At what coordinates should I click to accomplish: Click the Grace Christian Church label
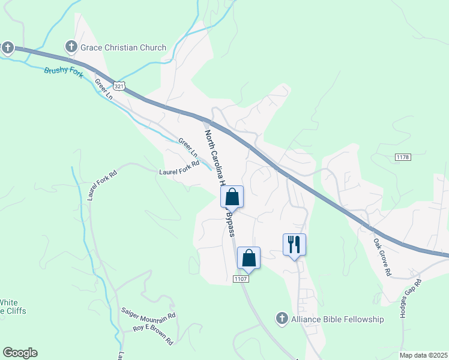tap(124, 47)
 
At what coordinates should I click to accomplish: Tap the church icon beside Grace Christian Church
tap(71, 47)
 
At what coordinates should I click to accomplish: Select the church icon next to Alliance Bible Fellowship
tap(282, 319)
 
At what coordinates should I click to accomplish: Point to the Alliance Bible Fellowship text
tap(337, 319)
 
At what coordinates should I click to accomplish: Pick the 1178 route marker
tap(403, 157)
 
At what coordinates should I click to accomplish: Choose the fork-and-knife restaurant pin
tap(294, 245)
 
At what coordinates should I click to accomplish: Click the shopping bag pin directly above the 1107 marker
tap(249, 258)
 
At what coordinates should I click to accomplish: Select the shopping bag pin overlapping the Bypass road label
tap(232, 197)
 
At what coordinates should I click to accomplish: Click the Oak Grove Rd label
tap(382, 259)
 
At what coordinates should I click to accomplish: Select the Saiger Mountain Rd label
tap(148, 314)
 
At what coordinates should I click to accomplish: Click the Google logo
tap(20, 353)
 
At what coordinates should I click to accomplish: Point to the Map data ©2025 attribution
tap(423, 355)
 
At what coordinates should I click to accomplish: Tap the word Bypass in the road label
tap(230, 223)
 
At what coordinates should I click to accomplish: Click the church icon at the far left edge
tap(7, 47)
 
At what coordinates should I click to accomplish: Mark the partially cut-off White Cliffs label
tap(13, 307)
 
